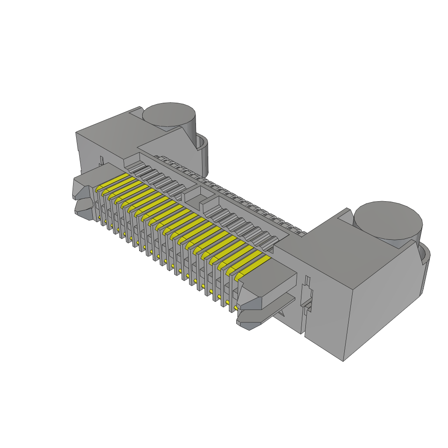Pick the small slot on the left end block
101,160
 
